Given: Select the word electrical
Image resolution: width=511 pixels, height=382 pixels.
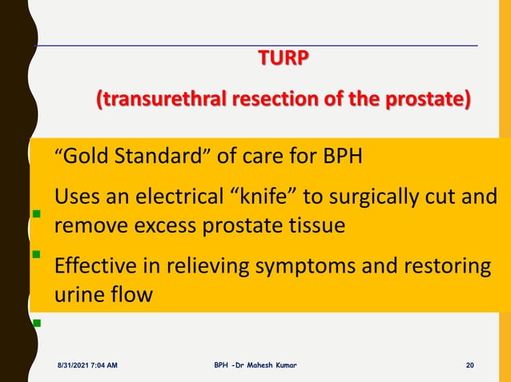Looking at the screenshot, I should coord(175,197).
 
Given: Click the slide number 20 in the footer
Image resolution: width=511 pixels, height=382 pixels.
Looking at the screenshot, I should coord(470,365).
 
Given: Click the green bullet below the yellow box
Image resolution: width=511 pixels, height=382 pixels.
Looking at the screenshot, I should coord(36,324).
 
